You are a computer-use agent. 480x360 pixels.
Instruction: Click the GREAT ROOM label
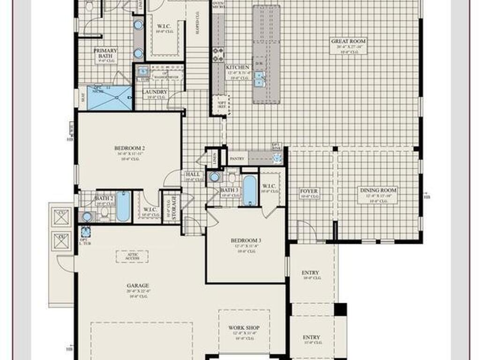pyautogui.click(x=348, y=41)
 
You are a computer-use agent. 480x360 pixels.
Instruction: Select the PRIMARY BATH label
pyautogui.click(x=105, y=51)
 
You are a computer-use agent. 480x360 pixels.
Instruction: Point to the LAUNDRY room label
pyautogui.click(x=155, y=92)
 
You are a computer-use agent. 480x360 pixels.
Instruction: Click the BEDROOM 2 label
pyautogui.click(x=126, y=149)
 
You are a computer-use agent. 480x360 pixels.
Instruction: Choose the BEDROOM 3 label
pyautogui.click(x=246, y=241)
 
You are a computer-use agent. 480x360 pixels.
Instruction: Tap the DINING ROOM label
pyautogui.click(x=378, y=190)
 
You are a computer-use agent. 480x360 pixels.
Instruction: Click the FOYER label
pyautogui.click(x=309, y=191)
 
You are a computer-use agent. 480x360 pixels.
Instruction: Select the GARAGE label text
pyautogui.click(x=138, y=285)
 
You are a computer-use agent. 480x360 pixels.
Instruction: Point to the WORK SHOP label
pyautogui.click(x=244, y=328)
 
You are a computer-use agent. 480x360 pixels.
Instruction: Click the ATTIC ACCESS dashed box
pyautogui.click(x=132, y=256)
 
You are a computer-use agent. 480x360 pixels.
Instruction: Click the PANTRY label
pyautogui.click(x=237, y=159)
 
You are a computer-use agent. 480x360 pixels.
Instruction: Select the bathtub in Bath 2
pyautogui.click(x=123, y=206)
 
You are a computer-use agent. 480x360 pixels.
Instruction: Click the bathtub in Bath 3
pyautogui.click(x=250, y=190)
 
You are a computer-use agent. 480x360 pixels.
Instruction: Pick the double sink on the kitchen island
pyautogui.click(x=259, y=79)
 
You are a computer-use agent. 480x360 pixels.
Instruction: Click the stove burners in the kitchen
pyautogui.click(x=217, y=55)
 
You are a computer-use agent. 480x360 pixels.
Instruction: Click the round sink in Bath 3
pyautogui.click(x=215, y=177)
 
